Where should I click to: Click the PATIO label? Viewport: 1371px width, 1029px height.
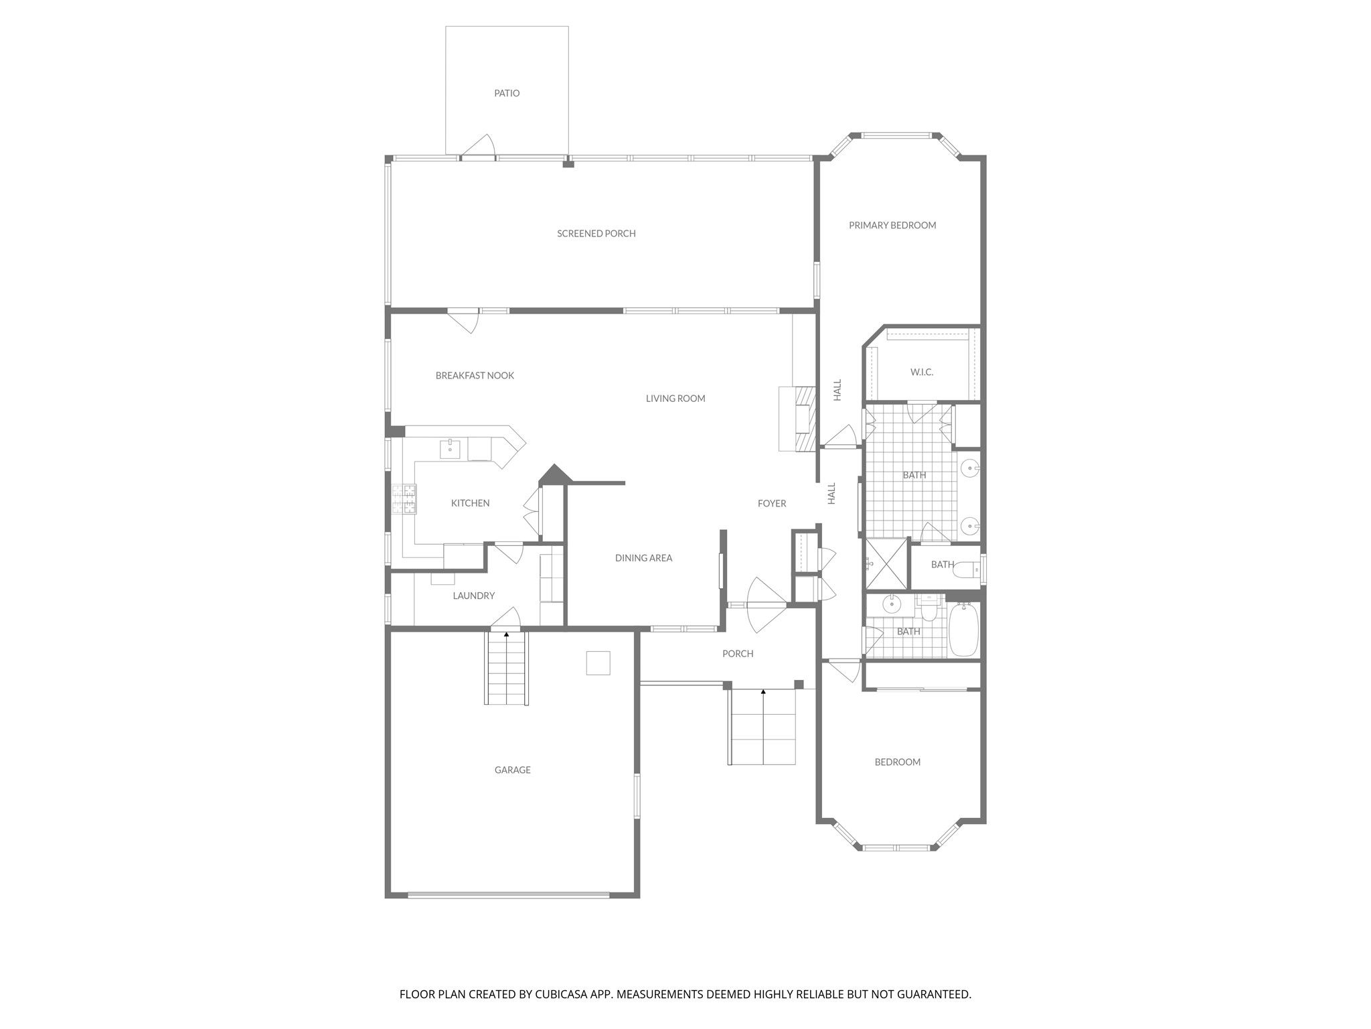point(507,93)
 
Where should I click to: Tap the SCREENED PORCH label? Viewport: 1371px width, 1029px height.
point(596,234)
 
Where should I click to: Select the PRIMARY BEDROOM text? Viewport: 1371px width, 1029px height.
point(892,225)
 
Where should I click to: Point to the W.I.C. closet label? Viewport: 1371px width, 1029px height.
point(922,372)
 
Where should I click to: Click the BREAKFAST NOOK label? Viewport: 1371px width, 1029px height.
point(475,376)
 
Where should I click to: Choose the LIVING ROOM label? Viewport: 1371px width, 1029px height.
point(675,399)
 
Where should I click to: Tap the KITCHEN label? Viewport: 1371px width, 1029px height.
point(470,503)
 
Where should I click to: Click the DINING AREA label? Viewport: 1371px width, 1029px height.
point(643,558)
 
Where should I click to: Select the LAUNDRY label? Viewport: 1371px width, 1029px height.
point(473,596)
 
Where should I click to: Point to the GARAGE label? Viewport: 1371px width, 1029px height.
point(512,770)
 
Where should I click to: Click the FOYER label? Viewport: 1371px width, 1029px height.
point(772,504)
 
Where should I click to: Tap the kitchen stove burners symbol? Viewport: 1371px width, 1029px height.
point(404,499)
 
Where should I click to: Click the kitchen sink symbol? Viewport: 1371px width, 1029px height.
point(450,449)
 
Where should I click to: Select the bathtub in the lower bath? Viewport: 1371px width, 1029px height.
point(964,630)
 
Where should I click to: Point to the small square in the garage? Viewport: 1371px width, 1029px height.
point(598,663)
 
